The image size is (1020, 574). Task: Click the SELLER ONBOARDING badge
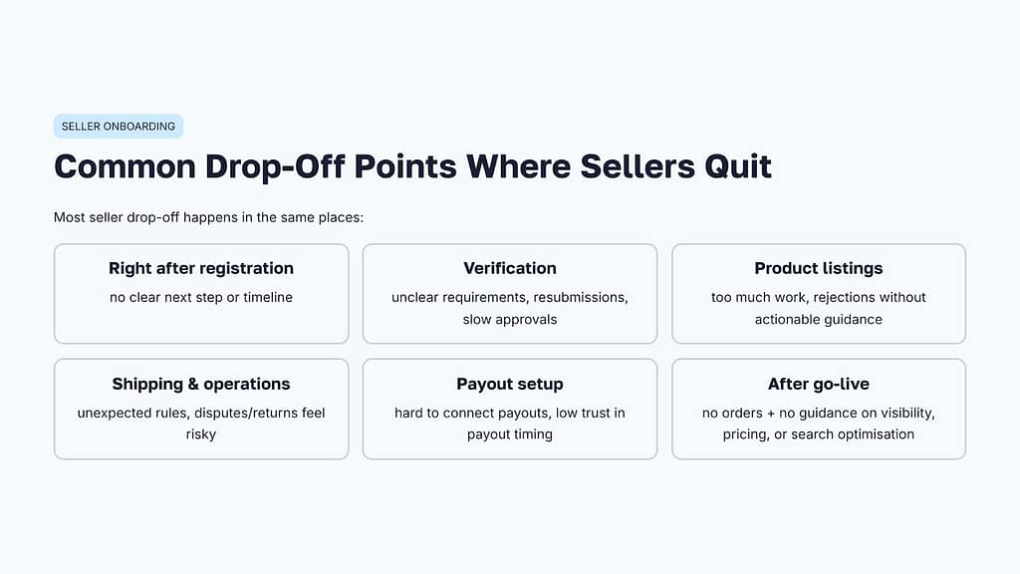click(x=119, y=127)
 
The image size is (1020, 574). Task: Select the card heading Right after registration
click(x=201, y=268)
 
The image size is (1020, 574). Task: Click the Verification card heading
click(x=510, y=268)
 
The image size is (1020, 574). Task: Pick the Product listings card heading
click(x=819, y=268)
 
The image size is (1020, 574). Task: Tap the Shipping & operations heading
click(x=201, y=384)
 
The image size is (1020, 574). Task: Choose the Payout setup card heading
click(x=510, y=384)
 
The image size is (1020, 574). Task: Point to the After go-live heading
click(x=819, y=384)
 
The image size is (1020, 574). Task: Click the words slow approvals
click(x=510, y=320)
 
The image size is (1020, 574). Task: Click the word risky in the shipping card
click(x=201, y=434)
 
